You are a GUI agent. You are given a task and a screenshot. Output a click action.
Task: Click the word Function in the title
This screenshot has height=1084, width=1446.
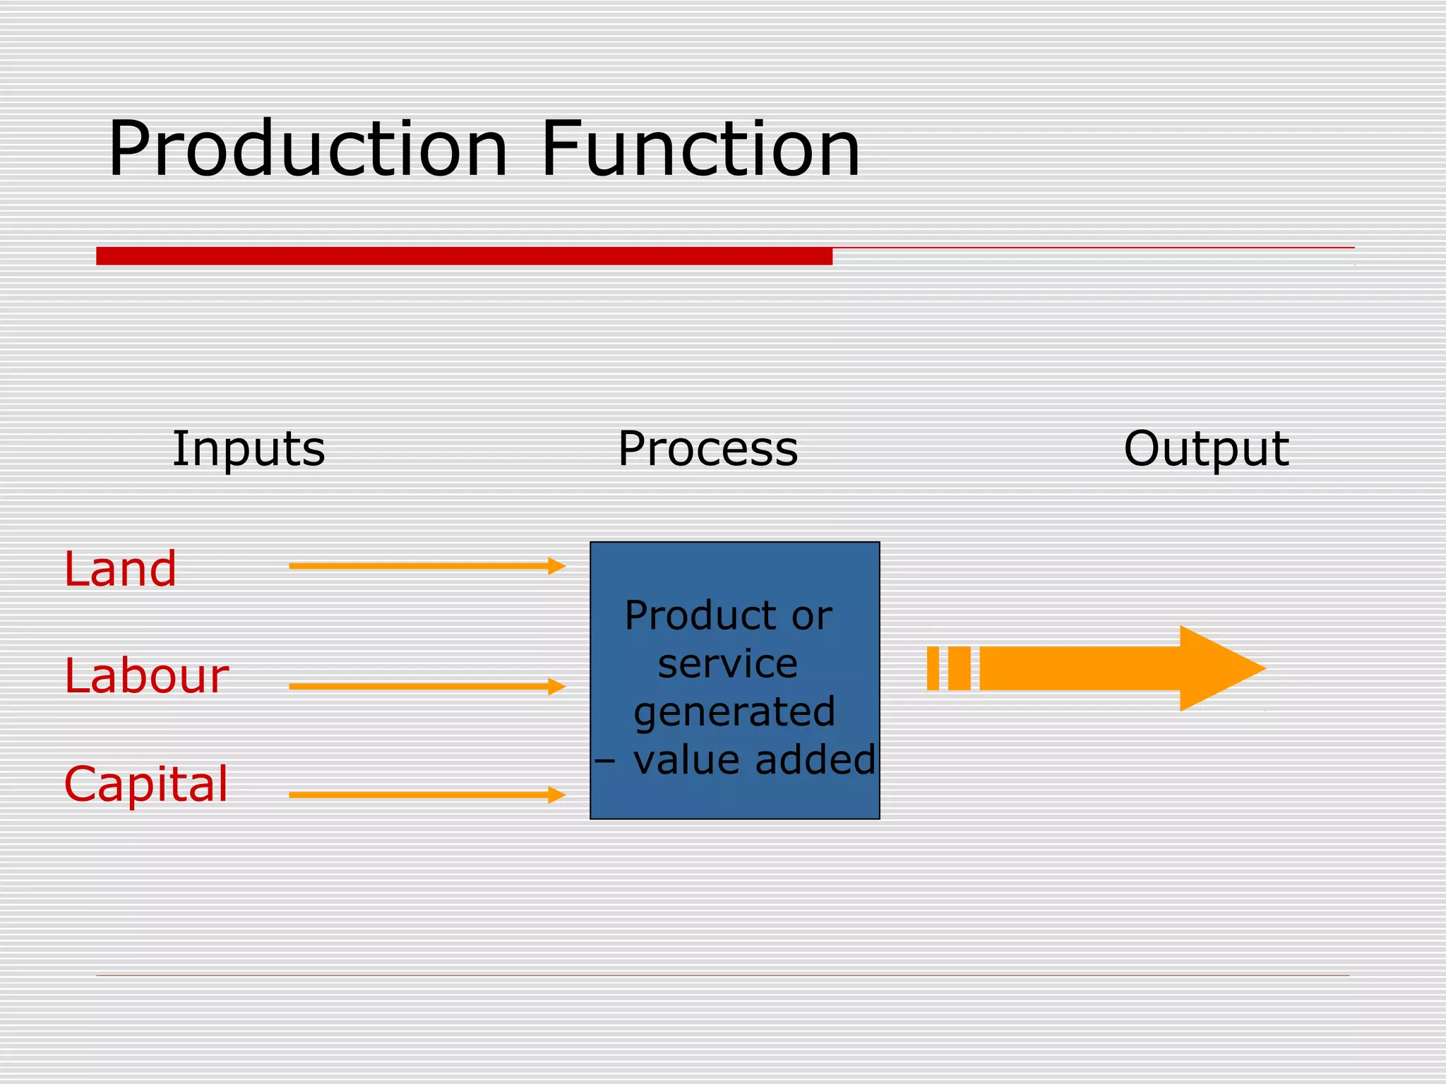click(x=700, y=150)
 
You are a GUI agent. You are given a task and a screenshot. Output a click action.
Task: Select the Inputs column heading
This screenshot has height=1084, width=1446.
click(x=249, y=449)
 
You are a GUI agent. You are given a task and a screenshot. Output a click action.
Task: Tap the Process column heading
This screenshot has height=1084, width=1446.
click(x=707, y=449)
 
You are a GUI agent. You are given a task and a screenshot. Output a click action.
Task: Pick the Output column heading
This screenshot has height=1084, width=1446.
click(x=1206, y=449)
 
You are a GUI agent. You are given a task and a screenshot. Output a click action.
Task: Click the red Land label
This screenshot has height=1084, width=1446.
click(x=120, y=569)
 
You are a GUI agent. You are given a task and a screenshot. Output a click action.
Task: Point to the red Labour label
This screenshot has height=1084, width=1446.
click(x=146, y=676)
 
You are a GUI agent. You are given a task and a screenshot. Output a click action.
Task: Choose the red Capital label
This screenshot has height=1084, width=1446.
click(x=146, y=783)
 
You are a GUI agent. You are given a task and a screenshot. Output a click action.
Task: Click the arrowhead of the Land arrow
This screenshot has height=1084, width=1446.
click(x=557, y=566)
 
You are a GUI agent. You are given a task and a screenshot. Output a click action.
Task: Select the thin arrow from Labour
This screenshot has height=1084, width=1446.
click(x=424, y=686)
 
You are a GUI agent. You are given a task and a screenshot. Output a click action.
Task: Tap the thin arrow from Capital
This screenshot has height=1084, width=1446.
click(x=424, y=795)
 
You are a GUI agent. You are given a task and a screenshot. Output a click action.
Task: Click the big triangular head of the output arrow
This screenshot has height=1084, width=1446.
click(x=1218, y=668)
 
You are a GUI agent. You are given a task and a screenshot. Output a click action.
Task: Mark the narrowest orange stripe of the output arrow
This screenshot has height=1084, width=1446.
click(x=933, y=668)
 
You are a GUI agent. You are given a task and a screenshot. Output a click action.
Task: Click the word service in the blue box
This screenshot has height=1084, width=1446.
click(x=727, y=664)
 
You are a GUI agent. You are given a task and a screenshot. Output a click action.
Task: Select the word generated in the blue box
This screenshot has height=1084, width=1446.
click(x=734, y=711)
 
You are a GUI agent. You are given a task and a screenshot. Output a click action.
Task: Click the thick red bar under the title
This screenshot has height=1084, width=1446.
click(x=464, y=255)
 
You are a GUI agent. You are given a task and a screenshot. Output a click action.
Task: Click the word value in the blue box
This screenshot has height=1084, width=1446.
click(x=686, y=760)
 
